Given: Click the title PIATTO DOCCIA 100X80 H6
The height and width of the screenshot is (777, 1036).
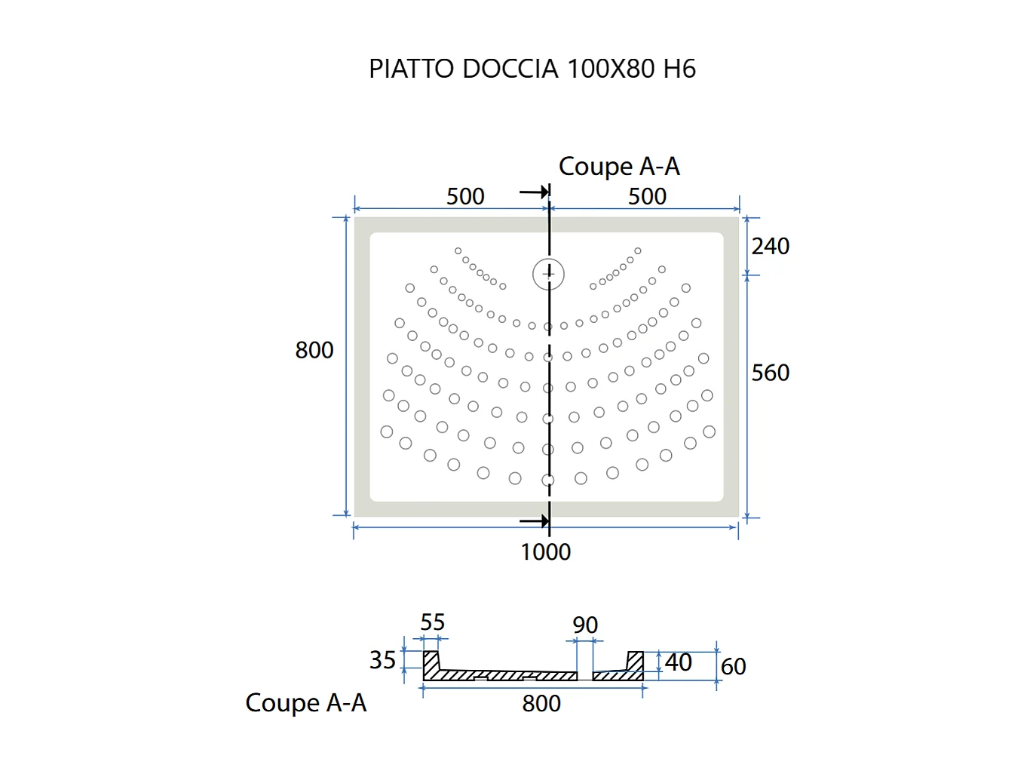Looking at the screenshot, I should tap(532, 69).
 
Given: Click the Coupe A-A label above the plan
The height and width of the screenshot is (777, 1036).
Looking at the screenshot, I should tap(619, 167).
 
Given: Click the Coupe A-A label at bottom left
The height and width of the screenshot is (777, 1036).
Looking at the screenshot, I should tap(305, 703).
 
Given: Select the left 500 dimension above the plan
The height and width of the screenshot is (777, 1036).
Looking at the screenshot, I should tap(465, 197).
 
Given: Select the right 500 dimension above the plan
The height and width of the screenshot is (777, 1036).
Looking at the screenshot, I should tap(647, 197).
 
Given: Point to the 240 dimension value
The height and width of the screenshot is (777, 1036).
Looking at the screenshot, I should tap(770, 247).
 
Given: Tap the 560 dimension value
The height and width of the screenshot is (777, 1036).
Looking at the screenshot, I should tap(770, 373).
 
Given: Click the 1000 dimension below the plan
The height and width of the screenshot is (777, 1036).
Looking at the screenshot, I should tap(545, 552).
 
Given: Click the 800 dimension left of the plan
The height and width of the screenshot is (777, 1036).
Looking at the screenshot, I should tap(314, 351).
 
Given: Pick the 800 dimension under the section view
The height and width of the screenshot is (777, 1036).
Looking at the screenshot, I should tap(541, 704).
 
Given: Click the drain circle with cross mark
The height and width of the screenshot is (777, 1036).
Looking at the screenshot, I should tap(548, 274).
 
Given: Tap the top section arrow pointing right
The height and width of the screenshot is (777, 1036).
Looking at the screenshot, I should tap(535, 192).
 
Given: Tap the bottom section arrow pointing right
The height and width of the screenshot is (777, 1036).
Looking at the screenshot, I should tap(535, 521).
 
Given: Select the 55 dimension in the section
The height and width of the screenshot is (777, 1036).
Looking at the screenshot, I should tap(432, 623).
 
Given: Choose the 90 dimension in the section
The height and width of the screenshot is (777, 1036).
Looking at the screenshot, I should tap(585, 625).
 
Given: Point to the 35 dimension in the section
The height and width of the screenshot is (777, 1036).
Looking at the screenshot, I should tap(382, 661).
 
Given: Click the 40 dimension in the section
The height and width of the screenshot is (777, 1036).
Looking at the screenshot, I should tap(678, 662).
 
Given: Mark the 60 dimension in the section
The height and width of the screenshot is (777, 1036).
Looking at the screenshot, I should tap(733, 667).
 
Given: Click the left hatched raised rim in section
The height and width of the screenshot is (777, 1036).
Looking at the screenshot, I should tap(431, 664).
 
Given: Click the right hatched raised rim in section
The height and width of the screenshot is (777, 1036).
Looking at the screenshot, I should tap(636, 662).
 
